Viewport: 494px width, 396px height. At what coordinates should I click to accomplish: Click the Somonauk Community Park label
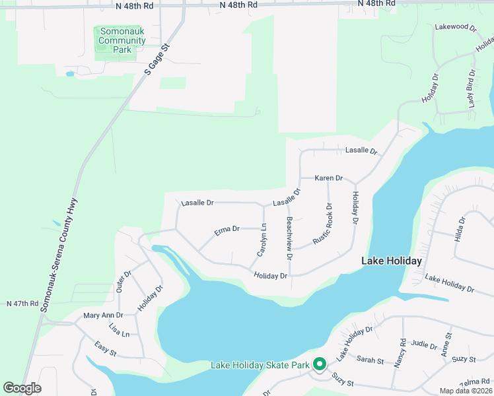[122, 40]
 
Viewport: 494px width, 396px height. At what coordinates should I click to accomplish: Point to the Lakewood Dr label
[455, 27]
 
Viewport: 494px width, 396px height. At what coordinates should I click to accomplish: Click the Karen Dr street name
[328, 178]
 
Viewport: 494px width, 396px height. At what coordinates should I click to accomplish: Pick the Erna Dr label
[227, 230]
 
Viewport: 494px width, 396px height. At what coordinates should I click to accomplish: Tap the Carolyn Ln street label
[262, 240]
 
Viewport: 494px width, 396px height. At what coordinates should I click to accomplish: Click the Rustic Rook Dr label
[323, 224]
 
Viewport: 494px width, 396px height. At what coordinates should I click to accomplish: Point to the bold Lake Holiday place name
[391, 261]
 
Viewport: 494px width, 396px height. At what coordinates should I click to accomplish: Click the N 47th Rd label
[23, 304]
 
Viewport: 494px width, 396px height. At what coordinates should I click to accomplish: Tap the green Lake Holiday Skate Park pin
[320, 364]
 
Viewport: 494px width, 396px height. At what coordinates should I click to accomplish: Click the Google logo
[22, 387]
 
